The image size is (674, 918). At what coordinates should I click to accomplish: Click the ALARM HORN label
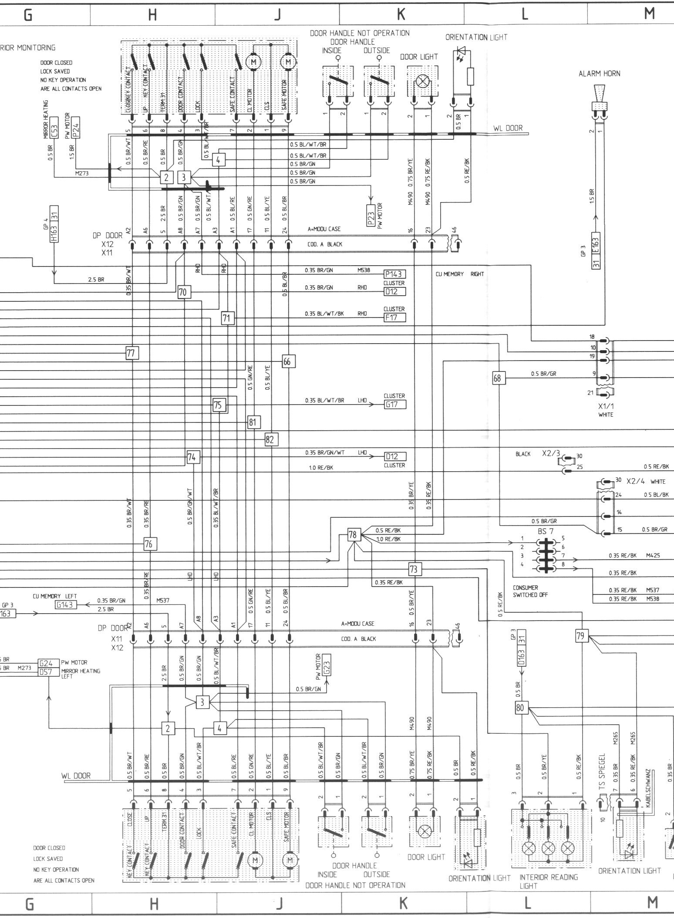click(599, 74)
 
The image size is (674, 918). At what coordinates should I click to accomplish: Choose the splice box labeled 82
click(270, 439)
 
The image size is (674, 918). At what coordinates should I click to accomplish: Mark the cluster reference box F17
click(394, 317)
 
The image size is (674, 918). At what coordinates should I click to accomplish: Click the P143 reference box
click(394, 274)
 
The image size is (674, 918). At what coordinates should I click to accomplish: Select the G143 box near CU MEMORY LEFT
click(65, 604)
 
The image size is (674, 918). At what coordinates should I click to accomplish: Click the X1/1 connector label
click(606, 406)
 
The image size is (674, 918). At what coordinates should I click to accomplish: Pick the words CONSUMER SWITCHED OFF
click(530, 591)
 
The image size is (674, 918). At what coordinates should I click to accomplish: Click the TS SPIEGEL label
click(603, 769)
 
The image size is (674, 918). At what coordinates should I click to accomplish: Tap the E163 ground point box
click(596, 246)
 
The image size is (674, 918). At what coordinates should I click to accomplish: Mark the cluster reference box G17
click(394, 405)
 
